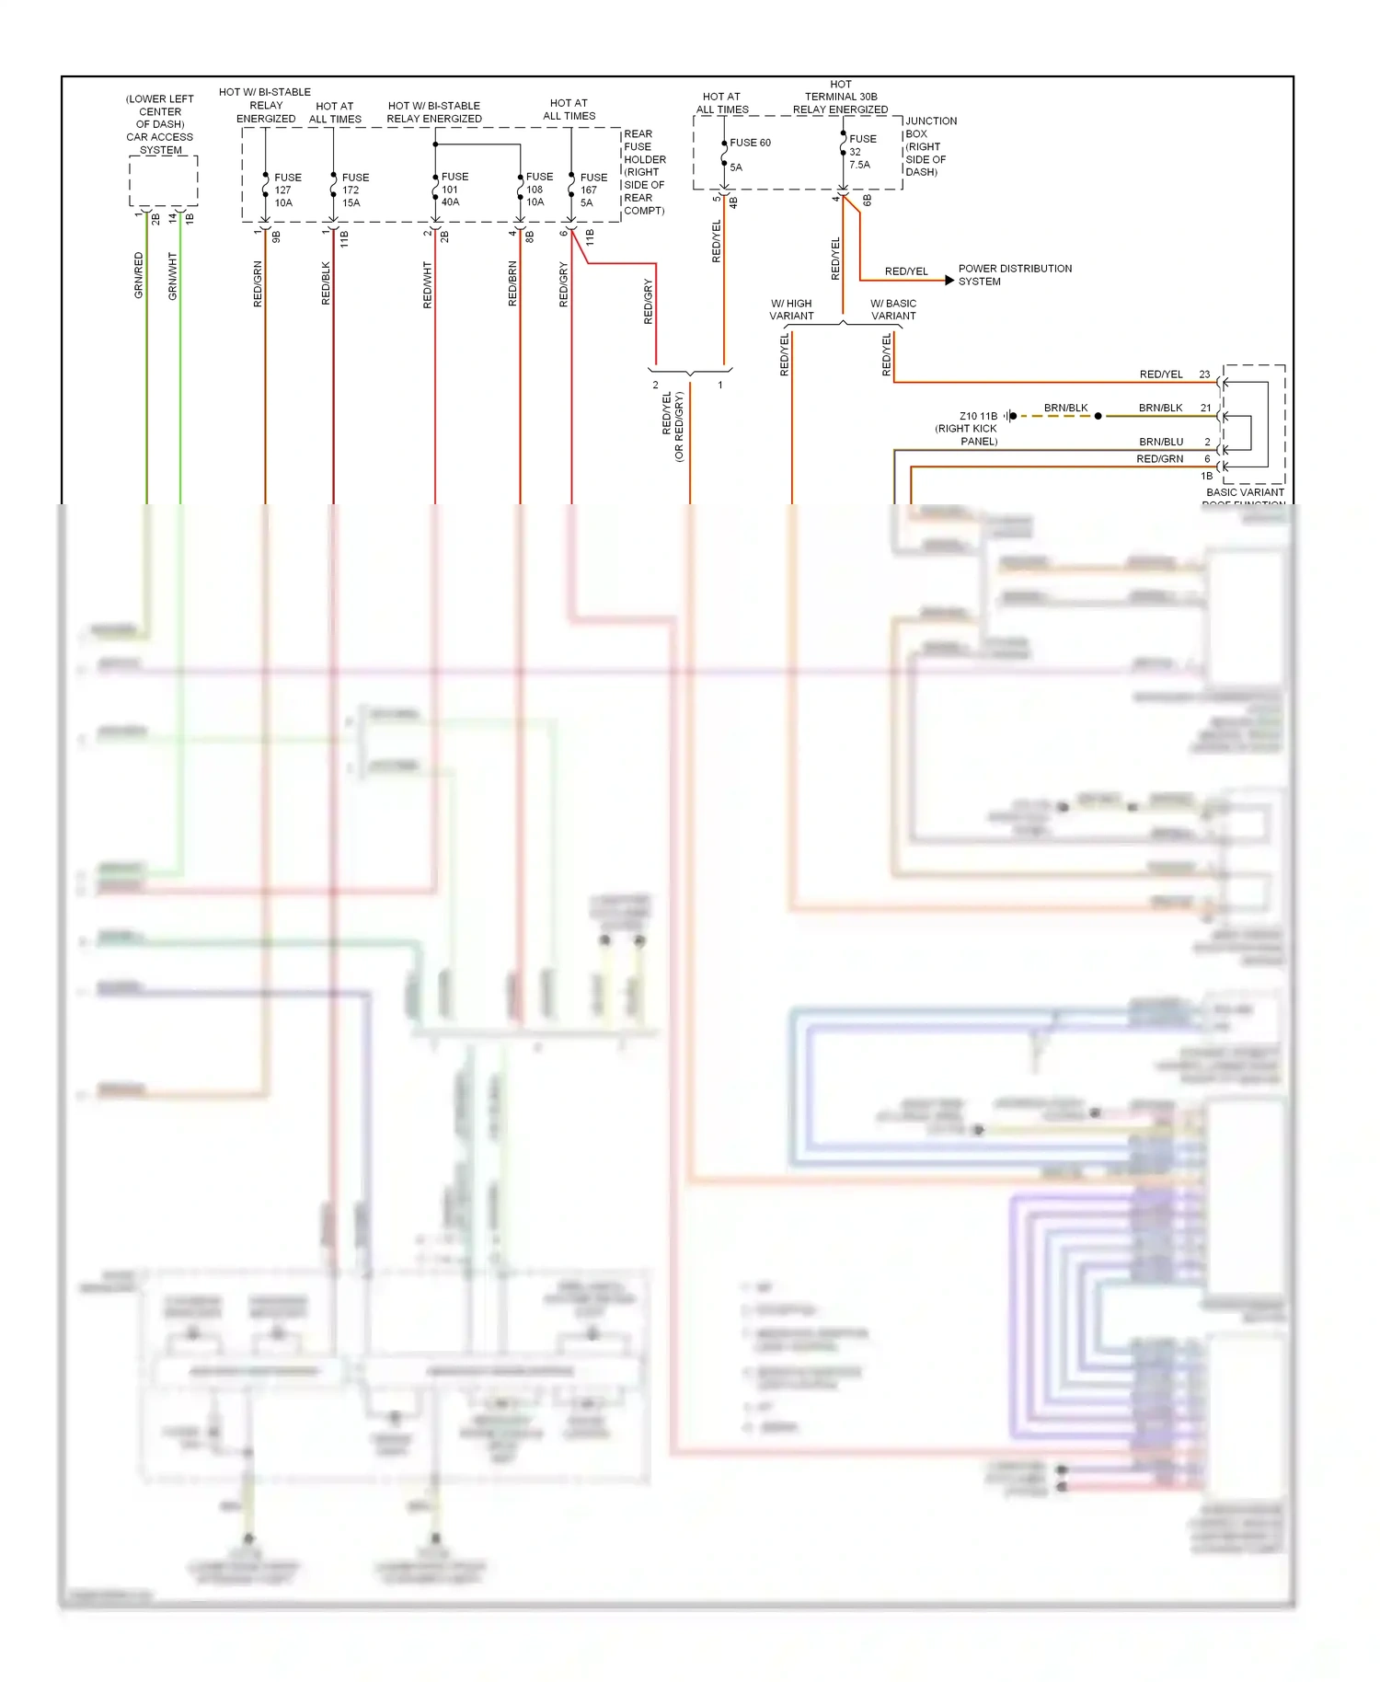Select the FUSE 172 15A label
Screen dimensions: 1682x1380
coord(354,190)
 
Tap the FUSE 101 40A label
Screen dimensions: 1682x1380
coord(454,189)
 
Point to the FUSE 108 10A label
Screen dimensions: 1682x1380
coord(538,189)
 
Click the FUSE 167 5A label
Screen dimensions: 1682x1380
coord(592,190)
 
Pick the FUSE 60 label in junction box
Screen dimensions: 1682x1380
coord(750,143)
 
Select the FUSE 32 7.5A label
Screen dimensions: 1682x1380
coord(861,152)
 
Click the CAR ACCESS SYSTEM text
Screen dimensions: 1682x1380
coord(160,143)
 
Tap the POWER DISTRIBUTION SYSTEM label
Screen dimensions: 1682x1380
coord(1014,274)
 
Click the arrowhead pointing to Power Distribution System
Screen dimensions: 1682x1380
coord(949,280)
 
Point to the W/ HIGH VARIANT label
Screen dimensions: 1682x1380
coord(791,309)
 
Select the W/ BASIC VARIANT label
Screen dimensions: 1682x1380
coord(893,309)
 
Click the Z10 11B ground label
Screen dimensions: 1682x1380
coord(977,416)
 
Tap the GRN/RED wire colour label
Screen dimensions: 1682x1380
coord(139,274)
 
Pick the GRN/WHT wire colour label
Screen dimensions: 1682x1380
coord(172,275)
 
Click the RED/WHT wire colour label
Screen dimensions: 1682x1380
coord(427,284)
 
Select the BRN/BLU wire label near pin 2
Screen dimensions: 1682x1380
coord(1160,442)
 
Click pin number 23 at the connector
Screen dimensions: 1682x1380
coord(1204,374)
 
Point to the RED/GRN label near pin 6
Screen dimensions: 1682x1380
coord(1159,458)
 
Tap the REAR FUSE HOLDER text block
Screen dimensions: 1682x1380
coord(643,172)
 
